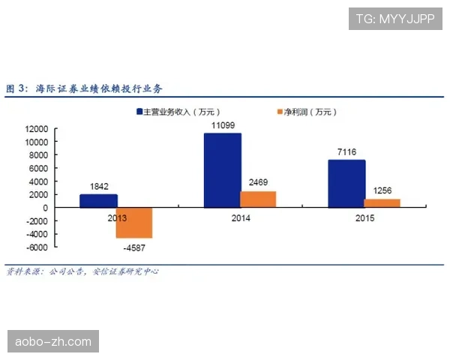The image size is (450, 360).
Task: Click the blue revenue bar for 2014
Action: (223, 170)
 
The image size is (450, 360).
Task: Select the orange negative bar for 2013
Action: (134, 223)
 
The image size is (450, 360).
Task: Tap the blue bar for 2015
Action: (346, 184)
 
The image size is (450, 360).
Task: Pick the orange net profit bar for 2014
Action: (258, 199)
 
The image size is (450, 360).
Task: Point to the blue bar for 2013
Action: (99, 201)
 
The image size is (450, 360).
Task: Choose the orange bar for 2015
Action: (382, 203)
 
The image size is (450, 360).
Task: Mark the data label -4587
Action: (135, 247)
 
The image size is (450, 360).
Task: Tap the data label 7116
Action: (347, 152)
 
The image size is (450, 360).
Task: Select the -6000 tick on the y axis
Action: (37, 247)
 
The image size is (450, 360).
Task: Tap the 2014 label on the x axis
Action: (240, 218)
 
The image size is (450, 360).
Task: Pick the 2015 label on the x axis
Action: (364, 218)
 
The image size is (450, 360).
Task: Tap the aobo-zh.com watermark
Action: (53, 342)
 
